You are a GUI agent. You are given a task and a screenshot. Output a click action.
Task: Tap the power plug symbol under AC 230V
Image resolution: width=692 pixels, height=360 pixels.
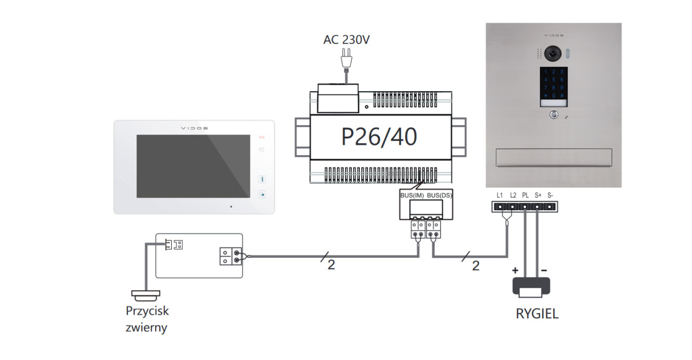(346, 58)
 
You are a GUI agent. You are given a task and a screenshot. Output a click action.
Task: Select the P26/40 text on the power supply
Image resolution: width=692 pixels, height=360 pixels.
(379, 137)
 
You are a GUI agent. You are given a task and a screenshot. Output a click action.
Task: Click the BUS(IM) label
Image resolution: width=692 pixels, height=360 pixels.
(413, 196)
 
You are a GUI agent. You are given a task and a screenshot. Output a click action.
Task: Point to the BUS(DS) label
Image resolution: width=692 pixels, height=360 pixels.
(439, 196)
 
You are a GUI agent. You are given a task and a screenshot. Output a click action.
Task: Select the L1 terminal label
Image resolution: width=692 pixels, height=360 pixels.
(500, 196)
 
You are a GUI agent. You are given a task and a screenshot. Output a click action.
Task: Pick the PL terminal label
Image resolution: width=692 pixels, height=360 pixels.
(525, 196)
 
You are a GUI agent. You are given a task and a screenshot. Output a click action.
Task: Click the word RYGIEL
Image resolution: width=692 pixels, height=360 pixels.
(537, 315)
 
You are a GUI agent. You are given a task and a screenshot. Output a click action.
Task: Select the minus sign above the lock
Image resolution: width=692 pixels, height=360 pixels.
(544, 269)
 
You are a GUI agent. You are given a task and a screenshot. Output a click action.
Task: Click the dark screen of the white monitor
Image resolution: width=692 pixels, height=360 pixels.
(193, 166)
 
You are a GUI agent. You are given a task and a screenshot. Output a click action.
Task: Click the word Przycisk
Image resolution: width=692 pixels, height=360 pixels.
(147, 311)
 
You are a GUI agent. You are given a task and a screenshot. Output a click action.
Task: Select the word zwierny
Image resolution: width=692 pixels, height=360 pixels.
(146, 328)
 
